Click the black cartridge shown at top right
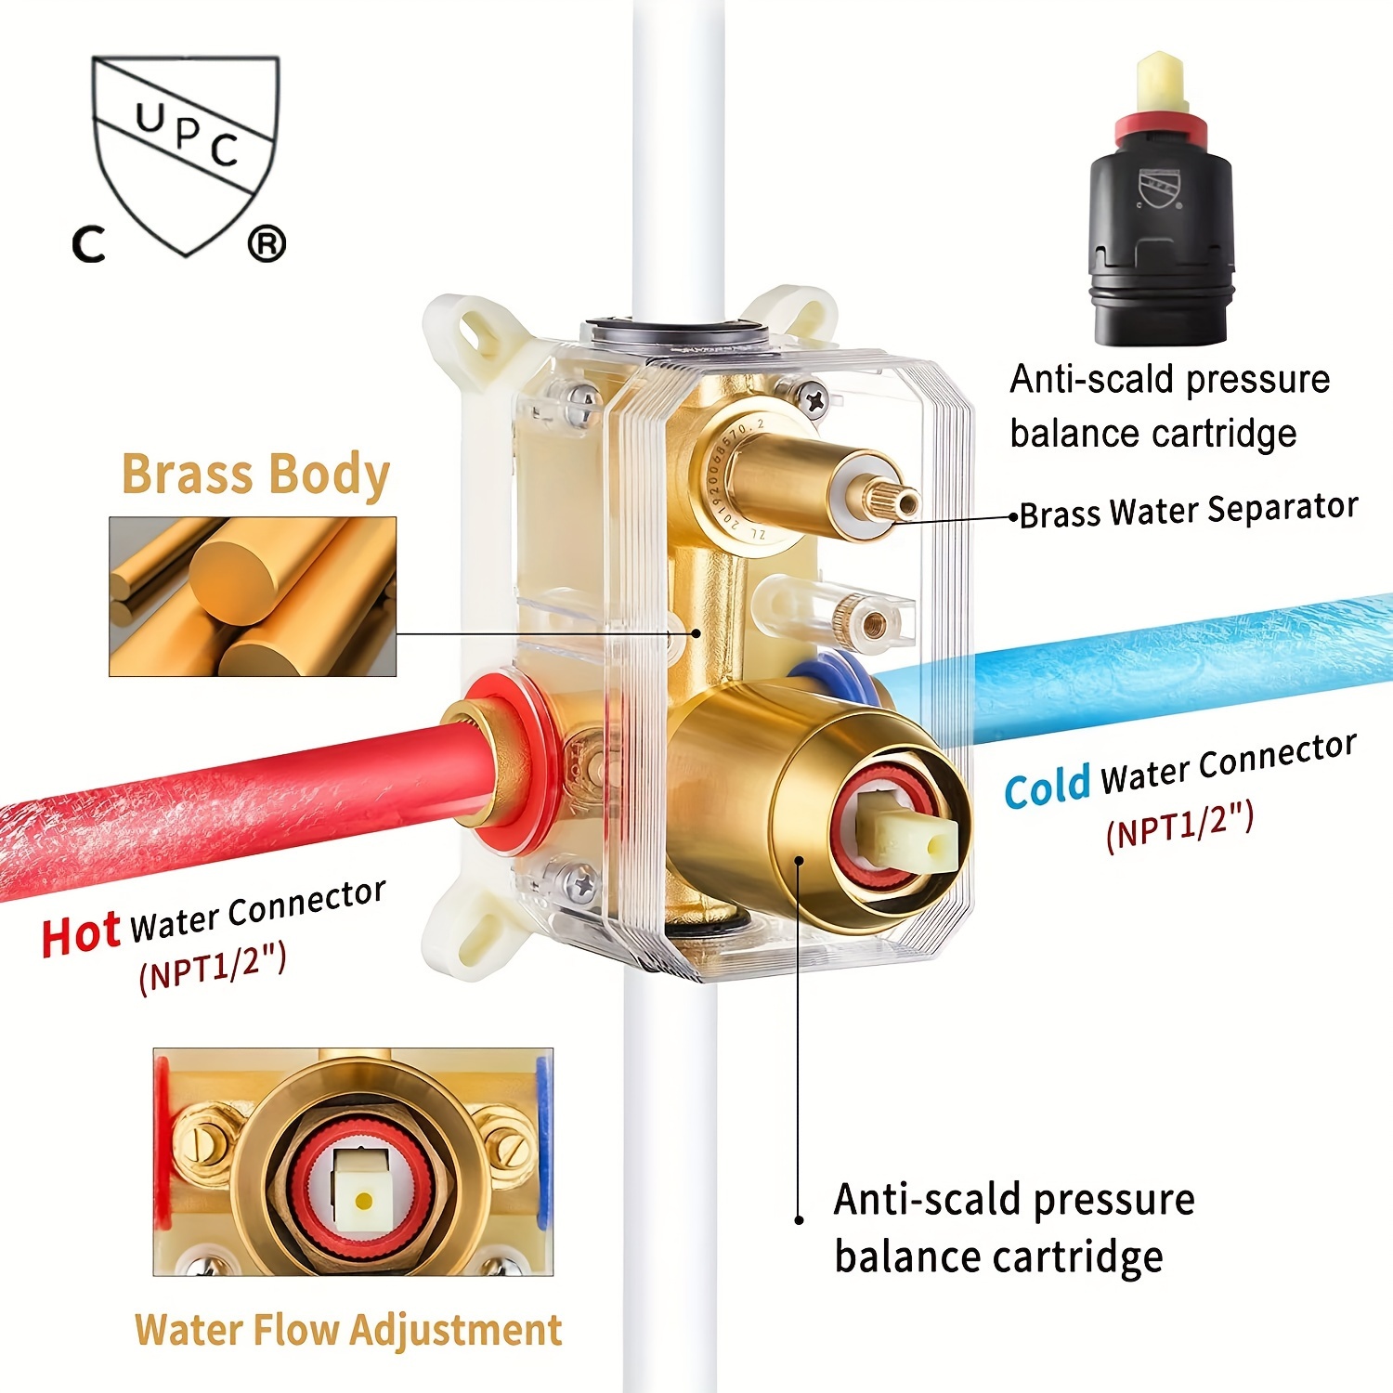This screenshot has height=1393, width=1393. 1161,241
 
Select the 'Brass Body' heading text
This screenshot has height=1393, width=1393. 255,475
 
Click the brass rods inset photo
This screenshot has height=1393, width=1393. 253,596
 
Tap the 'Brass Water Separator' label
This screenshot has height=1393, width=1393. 1188,510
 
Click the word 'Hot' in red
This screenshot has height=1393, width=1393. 81,934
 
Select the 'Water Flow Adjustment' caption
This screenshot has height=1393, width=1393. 348,1330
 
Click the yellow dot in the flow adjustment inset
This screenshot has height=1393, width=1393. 363,1202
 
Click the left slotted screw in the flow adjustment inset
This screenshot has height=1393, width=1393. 202,1142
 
